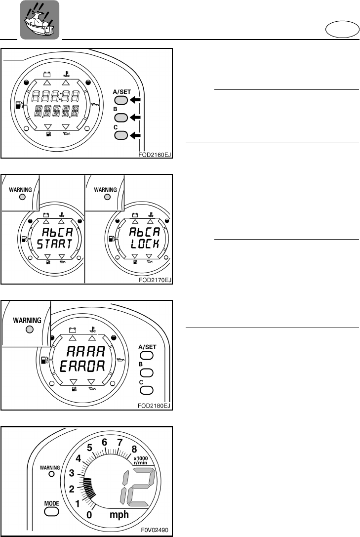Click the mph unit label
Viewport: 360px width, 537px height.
(118, 515)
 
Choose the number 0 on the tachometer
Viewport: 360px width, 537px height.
(89, 515)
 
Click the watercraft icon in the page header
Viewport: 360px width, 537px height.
(39, 20)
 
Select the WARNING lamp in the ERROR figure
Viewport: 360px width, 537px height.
(29, 329)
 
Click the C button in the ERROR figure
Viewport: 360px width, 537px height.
(148, 390)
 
